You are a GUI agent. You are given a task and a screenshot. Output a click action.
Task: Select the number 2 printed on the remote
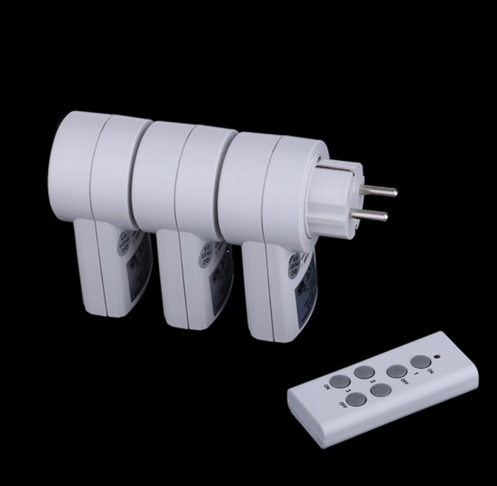[373, 384]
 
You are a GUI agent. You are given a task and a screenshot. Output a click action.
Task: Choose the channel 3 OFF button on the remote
[357, 399]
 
